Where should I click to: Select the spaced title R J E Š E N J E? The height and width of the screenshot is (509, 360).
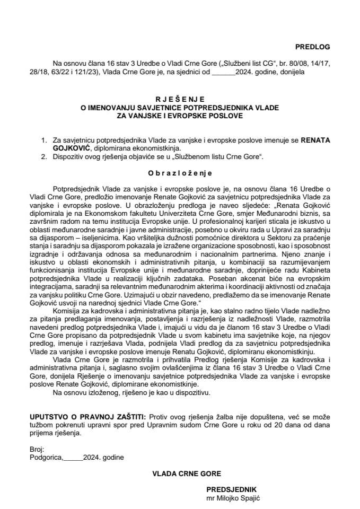tap(180, 98)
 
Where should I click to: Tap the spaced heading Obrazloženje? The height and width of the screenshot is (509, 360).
tap(180, 172)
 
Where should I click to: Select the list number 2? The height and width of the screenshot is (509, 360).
tap(44, 157)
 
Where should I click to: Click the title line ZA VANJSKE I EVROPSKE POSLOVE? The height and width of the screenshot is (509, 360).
tap(180, 115)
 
